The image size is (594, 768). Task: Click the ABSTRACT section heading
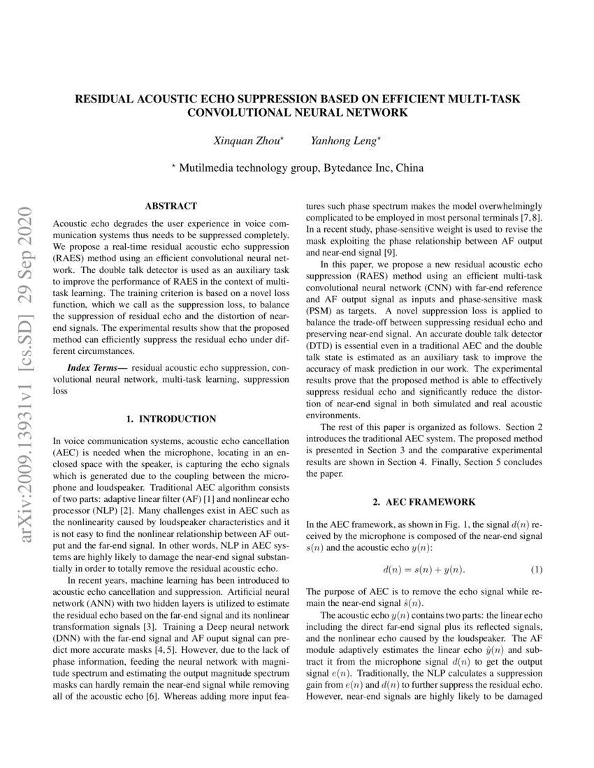171,206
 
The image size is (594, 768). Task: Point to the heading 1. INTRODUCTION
171,419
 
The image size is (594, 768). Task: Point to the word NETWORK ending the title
378,112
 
